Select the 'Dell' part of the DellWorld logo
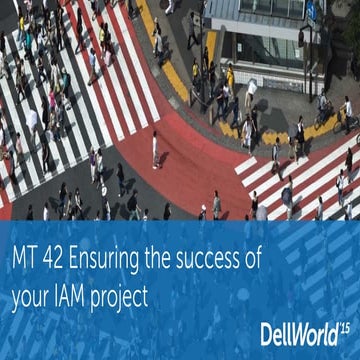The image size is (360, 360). pos(276,332)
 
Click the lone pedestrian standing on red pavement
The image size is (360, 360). pos(155,149)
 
